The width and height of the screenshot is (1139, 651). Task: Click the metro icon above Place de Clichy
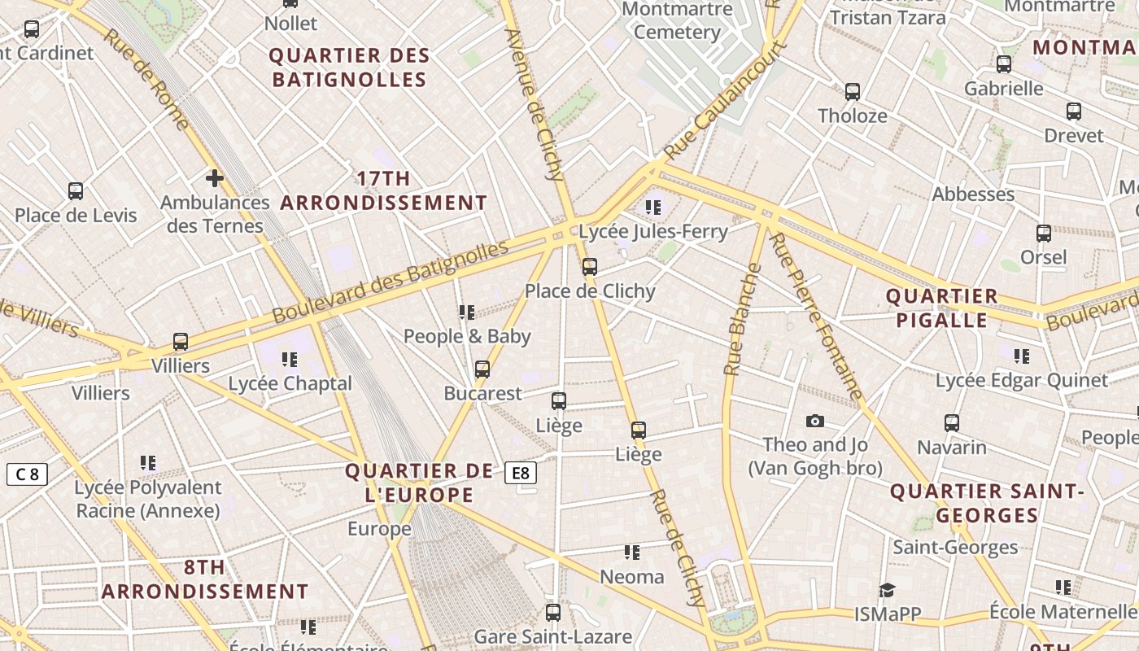click(x=590, y=266)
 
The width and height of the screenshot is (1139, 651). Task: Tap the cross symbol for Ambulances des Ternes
click(x=215, y=177)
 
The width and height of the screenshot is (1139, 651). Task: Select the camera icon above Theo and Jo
click(x=814, y=421)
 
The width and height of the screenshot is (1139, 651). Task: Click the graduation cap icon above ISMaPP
click(x=887, y=590)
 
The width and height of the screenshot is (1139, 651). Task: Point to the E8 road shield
click(x=521, y=473)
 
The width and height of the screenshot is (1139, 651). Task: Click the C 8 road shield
click(x=27, y=474)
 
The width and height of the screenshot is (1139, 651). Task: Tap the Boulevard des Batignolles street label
click(x=391, y=282)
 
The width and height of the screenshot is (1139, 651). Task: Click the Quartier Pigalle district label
click(x=941, y=308)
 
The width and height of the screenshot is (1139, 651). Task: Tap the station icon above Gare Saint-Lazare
click(x=553, y=613)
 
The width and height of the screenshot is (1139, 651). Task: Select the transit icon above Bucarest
click(x=482, y=369)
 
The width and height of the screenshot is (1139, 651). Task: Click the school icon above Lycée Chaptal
click(x=290, y=359)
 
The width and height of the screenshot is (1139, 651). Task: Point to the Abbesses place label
click(x=973, y=194)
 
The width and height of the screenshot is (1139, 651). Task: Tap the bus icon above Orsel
click(x=1044, y=234)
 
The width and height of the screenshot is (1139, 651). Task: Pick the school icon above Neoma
click(x=632, y=553)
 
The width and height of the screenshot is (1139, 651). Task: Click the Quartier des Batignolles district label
click(x=349, y=68)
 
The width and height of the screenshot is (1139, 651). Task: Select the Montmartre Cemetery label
click(x=677, y=21)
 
